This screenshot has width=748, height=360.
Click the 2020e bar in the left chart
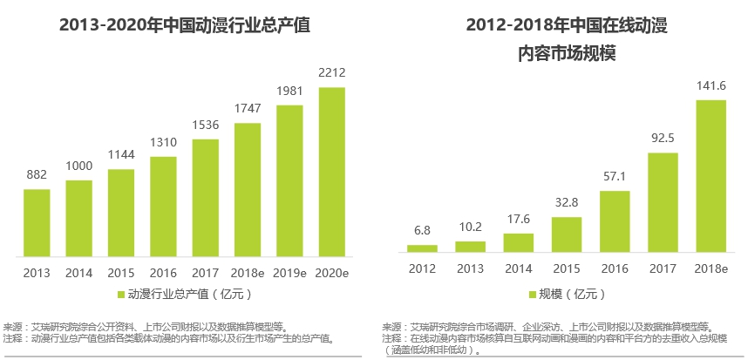[x=331, y=172]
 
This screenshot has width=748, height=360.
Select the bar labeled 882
[x=37, y=222]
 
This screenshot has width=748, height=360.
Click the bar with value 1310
[x=163, y=207]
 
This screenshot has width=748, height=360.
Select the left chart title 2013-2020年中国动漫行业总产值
[x=184, y=25]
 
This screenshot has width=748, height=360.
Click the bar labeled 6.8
[x=422, y=248]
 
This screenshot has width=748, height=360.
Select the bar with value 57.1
[x=615, y=221]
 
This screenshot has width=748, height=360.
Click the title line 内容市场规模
[x=567, y=54]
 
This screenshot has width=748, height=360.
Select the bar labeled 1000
[x=78, y=218]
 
